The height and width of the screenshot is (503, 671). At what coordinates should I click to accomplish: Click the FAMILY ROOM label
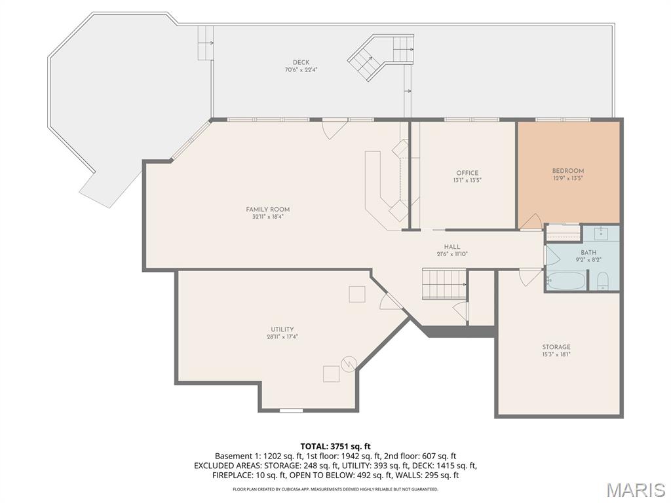268,209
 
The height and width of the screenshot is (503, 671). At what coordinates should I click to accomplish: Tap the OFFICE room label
467,173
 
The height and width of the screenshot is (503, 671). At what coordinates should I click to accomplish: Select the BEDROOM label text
568,171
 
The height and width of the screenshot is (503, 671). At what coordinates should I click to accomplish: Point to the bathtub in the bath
566,280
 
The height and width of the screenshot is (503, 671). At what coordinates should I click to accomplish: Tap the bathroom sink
602,234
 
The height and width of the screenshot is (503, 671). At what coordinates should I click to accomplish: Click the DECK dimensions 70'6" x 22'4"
301,69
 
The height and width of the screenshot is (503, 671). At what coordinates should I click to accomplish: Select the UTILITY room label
282,329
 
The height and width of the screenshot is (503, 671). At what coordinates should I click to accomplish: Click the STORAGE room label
556,347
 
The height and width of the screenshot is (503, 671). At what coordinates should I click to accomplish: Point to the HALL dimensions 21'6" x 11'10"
452,254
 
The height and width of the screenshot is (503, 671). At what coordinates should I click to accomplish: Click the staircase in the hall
444,284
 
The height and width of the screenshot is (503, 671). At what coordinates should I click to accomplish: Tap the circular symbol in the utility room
349,363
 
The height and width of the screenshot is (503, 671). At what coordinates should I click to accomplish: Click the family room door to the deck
334,130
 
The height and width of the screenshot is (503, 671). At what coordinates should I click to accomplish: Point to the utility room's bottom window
291,411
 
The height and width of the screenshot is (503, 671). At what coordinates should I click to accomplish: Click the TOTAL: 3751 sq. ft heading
335,447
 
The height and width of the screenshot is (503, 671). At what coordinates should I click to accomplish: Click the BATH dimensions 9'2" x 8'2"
588,259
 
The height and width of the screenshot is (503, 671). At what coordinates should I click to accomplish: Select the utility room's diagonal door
391,301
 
